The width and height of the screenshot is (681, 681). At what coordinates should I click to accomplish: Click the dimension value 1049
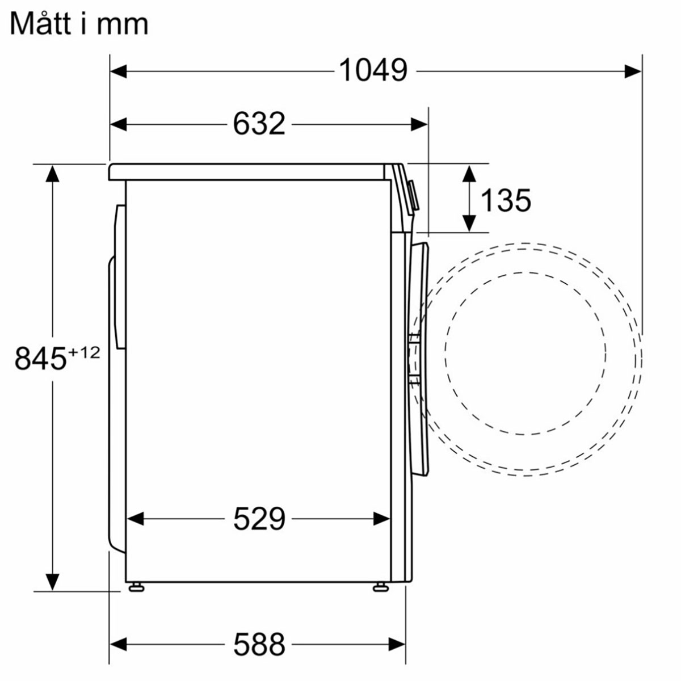tap(373, 71)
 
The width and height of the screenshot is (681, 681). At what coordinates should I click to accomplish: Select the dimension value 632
tap(259, 124)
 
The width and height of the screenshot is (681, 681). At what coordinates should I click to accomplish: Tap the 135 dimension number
tap(506, 200)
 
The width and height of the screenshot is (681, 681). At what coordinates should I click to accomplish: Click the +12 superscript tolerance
tap(84, 352)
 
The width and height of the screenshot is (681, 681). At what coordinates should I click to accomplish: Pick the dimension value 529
tap(259, 518)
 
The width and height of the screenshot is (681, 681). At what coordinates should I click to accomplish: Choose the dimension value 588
tap(259, 644)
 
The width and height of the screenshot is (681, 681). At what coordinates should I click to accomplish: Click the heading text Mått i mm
tap(79, 24)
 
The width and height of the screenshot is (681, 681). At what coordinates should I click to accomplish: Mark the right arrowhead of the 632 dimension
tap(419, 124)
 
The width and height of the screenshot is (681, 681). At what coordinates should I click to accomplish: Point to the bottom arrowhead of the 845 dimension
tap(52, 582)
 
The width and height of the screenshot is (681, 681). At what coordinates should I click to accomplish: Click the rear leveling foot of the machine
tap(135, 587)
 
